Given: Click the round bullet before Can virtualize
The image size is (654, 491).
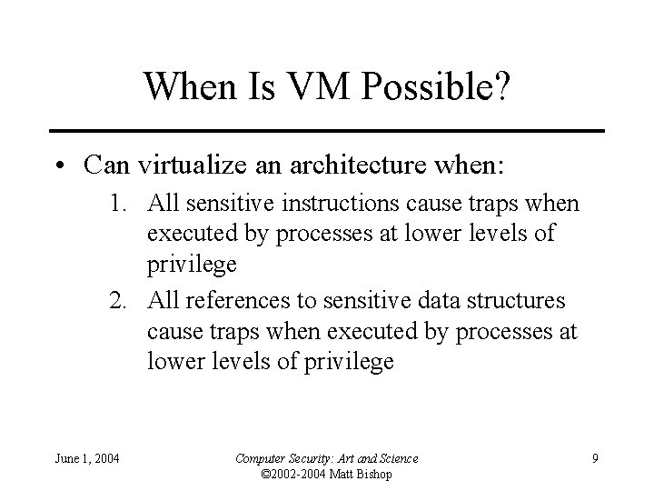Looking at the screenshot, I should (59, 166).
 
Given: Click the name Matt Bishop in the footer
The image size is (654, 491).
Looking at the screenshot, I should (362, 473).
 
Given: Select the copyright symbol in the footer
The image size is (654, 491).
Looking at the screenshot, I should (265, 473).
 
